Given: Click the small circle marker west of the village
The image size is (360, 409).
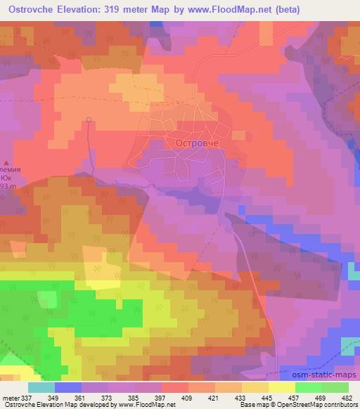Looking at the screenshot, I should [x=89, y=120].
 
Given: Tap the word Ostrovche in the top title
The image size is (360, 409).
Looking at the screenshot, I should [x=35, y=8].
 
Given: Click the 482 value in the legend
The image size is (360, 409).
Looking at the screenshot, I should [x=347, y=397].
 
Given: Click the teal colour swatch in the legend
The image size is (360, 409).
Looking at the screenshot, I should [x=41, y=387].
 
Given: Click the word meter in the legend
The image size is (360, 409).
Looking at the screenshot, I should [x=9, y=397].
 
